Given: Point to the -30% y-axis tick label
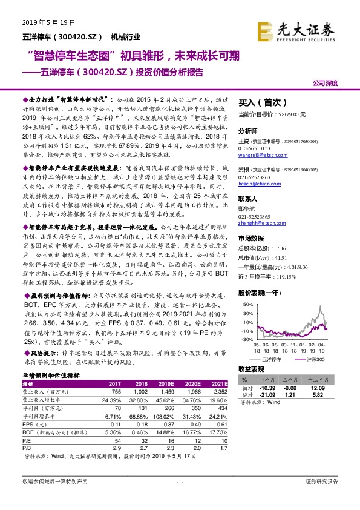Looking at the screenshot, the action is click(248, 340).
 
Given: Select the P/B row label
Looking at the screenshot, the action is click(26, 449).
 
